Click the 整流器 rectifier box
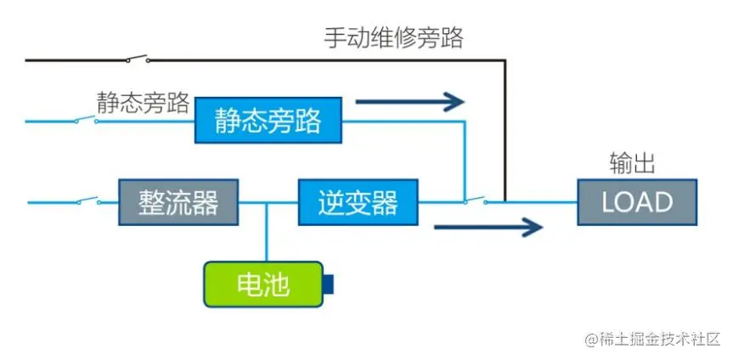coord(178,202)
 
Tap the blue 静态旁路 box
coord(268,121)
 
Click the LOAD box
coord(637,202)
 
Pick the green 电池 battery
coord(263,284)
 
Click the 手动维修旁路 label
coord(393,38)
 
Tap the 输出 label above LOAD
coord(632,163)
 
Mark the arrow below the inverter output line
coord(488,226)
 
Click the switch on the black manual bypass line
coord(137,59)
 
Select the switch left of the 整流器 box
coord(87,202)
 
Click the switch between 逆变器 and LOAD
coord(476,201)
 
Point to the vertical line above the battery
coord(267,233)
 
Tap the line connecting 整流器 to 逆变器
coord(268,202)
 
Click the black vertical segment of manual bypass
coord(506,127)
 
